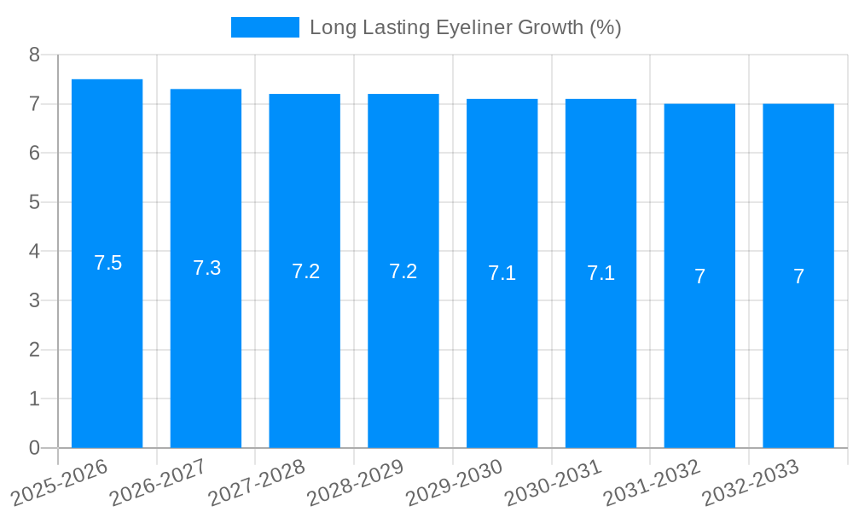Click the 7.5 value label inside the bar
coord(107,263)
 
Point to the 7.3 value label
coord(206,268)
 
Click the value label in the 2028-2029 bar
coord(403,271)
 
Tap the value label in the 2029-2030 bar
coord(502,273)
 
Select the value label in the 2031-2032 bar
coord(699,276)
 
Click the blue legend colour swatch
coord(264,27)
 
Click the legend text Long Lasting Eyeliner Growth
coord(465,27)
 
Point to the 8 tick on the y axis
coord(34,55)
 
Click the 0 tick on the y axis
coord(34,448)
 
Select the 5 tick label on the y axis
coord(34,202)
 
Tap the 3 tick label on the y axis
coord(34,300)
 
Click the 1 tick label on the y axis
coord(34,399)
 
